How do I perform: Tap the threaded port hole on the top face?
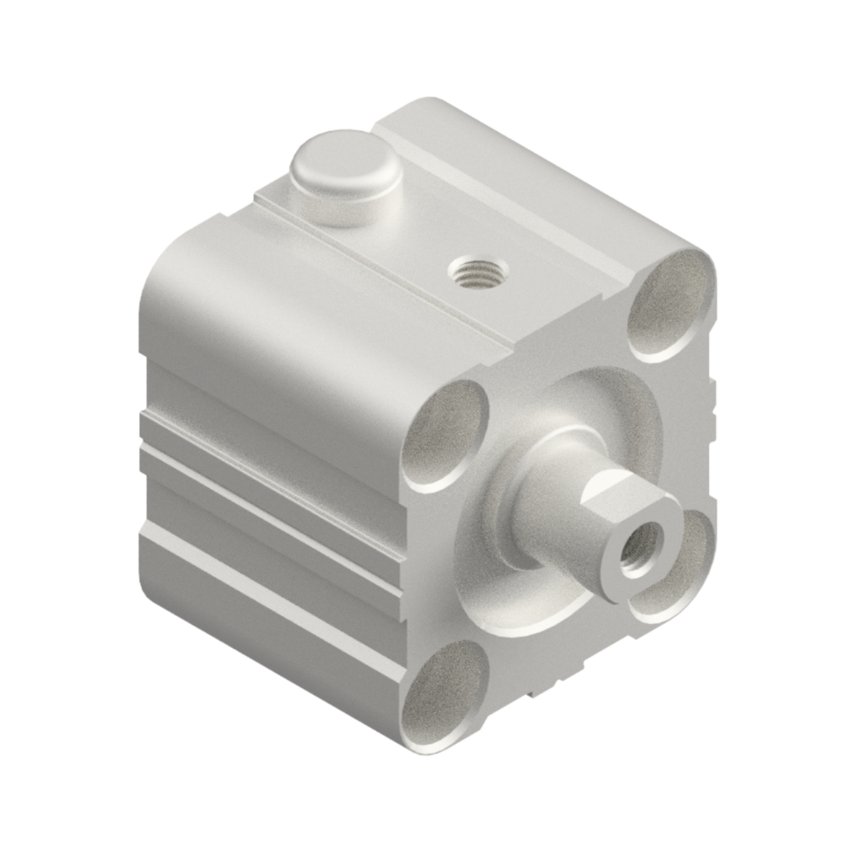tap(477, 272)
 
